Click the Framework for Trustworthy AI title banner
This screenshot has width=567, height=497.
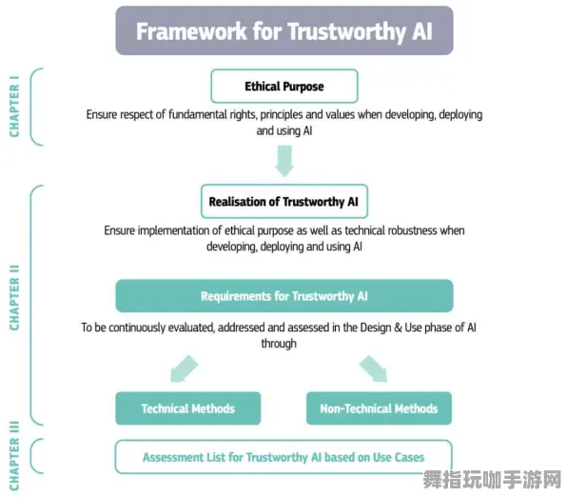(x=283, y=31)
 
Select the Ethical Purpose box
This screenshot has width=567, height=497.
(x=283, y=86)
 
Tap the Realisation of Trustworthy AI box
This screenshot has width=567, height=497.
(x=283, y=202)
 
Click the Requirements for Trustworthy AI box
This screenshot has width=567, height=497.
(x=283, y=296)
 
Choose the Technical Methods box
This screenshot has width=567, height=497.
(x=187, y=408)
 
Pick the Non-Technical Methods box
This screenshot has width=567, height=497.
(x=379, y=408)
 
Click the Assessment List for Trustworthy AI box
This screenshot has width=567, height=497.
(x=283, y=457)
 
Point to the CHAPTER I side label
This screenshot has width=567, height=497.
(x=15, y=110)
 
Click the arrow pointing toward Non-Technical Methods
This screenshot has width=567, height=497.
(x=373, y=368)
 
